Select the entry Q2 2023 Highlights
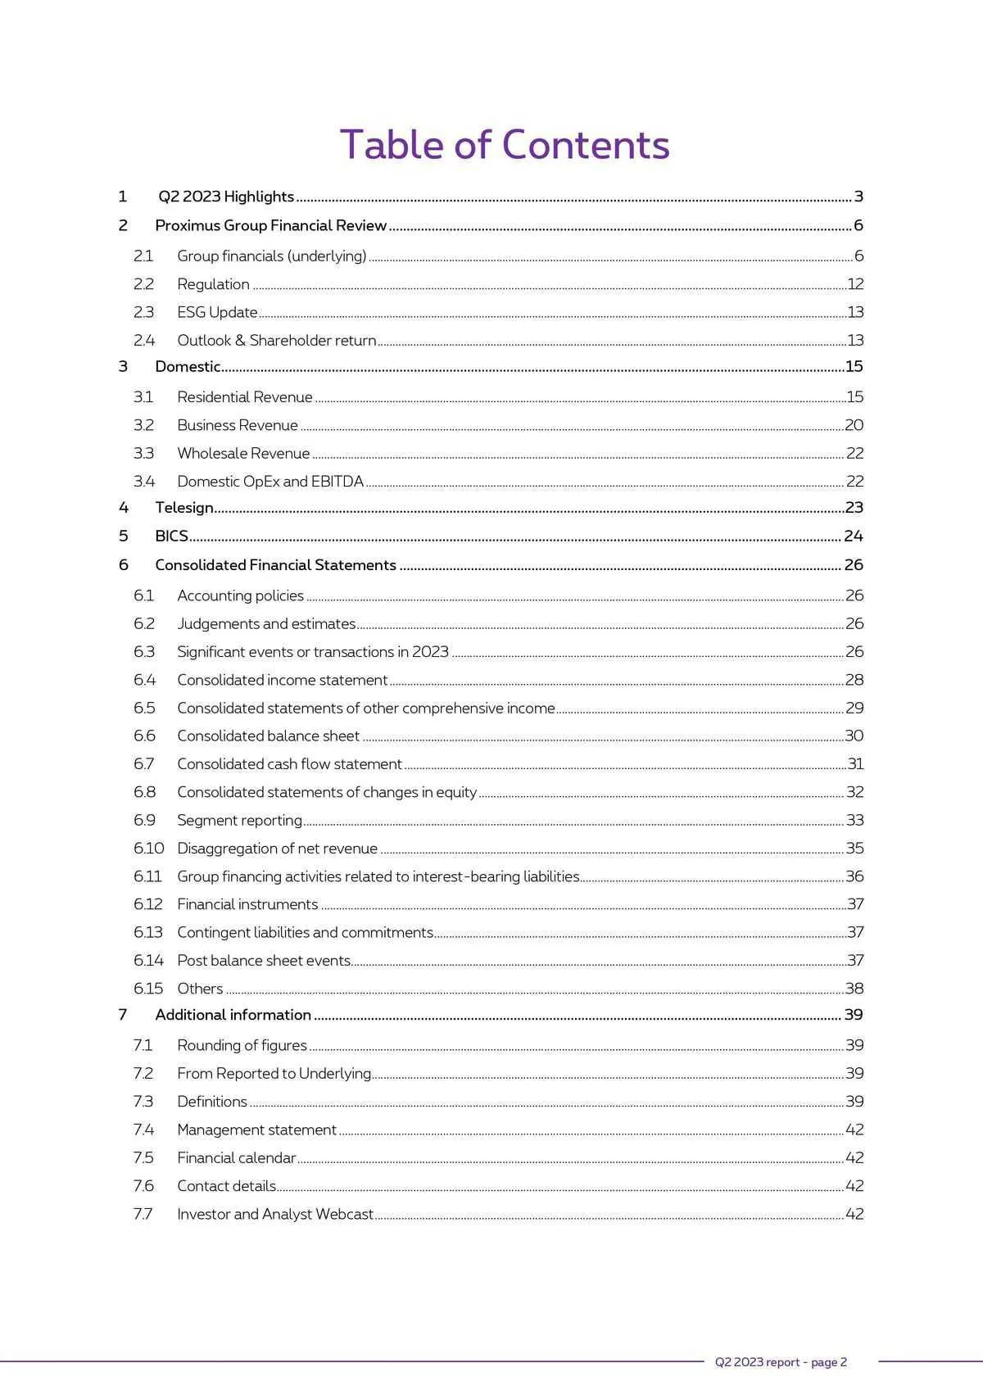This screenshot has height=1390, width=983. point(226,197)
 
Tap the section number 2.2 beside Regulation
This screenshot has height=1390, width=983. point(143,284)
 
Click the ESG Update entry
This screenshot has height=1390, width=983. point(217,312)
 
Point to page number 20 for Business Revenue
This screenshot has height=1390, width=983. point(854,425)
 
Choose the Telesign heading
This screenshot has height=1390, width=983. point(184,508)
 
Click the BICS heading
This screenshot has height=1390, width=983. point(171,537)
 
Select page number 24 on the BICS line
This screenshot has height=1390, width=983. point(854,537)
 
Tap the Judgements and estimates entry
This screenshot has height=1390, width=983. point(266,624)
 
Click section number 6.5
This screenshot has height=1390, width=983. point(144,709)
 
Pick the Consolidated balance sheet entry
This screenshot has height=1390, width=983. point(268,736)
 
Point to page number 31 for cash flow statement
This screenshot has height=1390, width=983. point(855,764)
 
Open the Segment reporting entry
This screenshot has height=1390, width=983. point(239,821)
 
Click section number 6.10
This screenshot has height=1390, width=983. point(148,849)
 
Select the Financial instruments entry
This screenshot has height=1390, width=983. point(247,905)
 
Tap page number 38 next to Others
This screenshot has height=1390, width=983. point(854,989)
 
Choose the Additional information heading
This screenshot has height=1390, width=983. point(233,1015)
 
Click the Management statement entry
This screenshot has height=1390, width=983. point(256,1130)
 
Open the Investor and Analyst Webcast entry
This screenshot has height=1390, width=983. point(275,1215)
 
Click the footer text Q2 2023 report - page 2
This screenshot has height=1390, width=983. point(781,1362)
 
